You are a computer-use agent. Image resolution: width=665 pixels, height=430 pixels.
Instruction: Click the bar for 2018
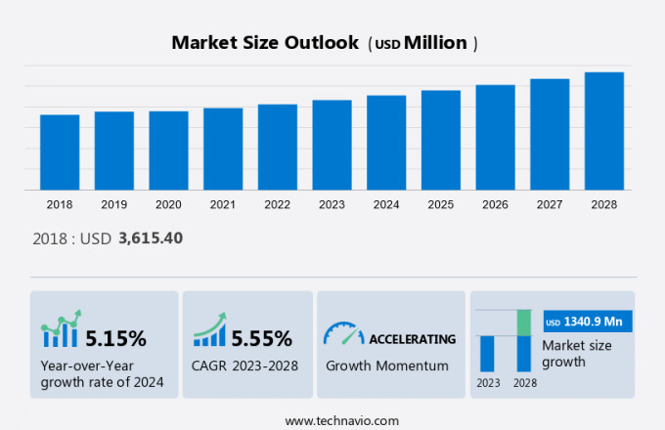(60, 152)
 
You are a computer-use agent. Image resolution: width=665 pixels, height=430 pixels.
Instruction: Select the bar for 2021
(223, 149)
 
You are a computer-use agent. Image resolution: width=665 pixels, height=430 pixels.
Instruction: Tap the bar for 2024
(386, 143)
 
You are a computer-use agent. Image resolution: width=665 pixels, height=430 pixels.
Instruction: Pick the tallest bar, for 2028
(604, 131)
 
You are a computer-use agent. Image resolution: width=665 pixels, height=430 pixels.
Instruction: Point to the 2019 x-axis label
(113, 205)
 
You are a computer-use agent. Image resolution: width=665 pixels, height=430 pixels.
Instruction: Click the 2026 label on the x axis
(495, 205)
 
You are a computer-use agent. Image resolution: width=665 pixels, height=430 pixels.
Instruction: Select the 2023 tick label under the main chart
(332, 205)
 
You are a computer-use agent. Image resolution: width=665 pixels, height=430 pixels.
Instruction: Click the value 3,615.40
(151, 237)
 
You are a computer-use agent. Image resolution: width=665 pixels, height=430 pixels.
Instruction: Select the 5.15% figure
(115, 339)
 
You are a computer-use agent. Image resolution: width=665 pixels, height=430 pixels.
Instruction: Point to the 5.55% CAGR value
(261, 339)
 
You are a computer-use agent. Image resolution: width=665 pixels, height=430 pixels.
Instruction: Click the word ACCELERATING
(412, 339)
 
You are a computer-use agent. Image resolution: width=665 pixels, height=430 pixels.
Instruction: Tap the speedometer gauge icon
(342, 333)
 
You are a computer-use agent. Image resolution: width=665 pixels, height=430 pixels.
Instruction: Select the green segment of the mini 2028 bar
(524, 322)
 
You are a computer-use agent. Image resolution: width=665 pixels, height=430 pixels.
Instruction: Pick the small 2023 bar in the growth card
(487, 353)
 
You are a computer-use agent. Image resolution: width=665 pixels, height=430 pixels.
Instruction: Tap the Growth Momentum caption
(387, 365)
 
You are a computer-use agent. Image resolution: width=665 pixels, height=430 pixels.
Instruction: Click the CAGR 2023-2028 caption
(244, 365)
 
